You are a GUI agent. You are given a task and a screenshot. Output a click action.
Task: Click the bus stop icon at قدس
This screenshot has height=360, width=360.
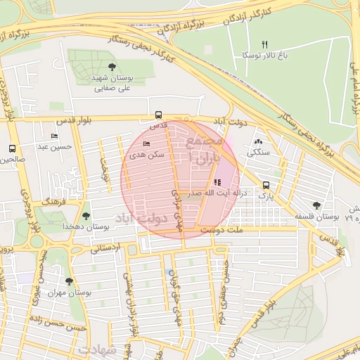tap(157, 115)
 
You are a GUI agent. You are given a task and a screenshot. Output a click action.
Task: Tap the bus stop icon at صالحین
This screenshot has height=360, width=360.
tap(11, 148)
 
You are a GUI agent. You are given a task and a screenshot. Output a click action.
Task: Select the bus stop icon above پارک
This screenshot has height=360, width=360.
tap(266, 186)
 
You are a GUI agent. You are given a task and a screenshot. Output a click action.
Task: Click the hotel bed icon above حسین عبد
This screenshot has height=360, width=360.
tap(54, 136)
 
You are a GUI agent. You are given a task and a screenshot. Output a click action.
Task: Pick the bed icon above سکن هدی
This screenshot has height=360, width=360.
tap(146, 143)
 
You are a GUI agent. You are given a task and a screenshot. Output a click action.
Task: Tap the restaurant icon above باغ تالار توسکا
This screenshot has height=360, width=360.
tap(264, 44)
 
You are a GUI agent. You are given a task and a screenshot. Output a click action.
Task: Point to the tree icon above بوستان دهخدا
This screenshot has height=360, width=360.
tap(86, 216)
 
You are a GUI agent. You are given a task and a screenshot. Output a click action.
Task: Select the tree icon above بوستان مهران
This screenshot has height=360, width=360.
tap(68, 281)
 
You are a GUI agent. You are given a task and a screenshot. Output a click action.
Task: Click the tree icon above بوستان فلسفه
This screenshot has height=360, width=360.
tap(316, 205)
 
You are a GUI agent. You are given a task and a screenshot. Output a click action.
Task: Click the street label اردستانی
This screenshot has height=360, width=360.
tap(106, 247)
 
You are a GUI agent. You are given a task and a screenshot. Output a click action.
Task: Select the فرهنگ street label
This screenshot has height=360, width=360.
tap(53, 201)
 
